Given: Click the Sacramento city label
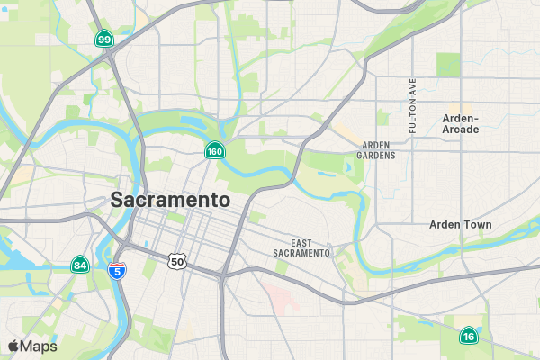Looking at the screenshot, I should [170, 200].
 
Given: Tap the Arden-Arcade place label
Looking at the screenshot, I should [461, 123].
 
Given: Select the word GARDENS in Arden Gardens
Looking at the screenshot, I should [376, 156].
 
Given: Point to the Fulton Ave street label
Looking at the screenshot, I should [413, 106].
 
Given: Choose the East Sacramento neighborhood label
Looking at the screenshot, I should [301, 248].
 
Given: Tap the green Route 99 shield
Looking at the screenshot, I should [105, 39].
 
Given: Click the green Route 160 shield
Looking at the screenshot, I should [214, 151].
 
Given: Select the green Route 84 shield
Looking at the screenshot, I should [80, 265].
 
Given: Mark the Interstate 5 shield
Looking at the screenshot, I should [116, 270].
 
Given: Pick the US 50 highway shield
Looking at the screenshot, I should [176, 260].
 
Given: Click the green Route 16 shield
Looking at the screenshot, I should [468, 336].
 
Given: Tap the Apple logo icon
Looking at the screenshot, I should [13, 346].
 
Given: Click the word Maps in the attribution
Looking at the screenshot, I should [39, 346].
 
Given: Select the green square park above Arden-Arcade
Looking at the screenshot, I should [448, 64].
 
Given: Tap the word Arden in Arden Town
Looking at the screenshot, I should [445, 224].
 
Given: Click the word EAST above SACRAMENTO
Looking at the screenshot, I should [301, 243].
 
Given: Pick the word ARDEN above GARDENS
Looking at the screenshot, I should [376, 145].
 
